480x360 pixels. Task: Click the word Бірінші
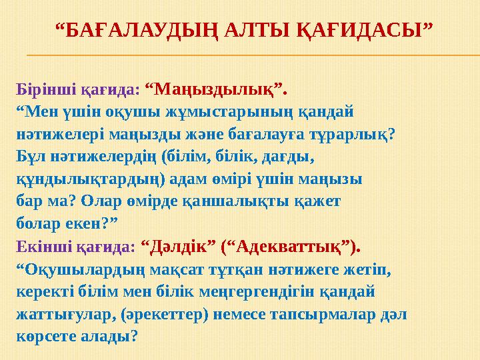click(x=42, y=89)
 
